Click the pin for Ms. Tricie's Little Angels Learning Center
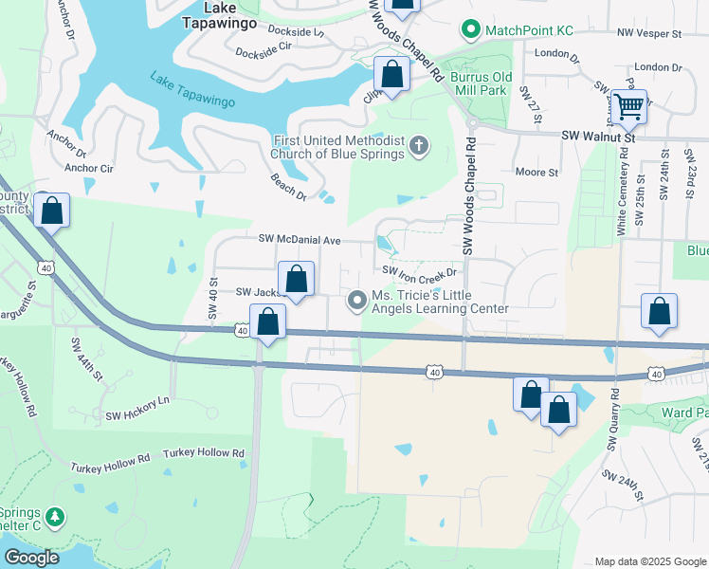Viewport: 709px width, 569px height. click(356, 301)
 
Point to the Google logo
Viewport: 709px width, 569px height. click(31, 558)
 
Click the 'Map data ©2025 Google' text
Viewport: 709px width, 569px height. click(649, 561)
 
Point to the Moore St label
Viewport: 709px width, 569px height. click(536, 172)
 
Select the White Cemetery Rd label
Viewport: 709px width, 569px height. click(623, 197)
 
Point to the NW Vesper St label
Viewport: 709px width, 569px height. click(648, 33)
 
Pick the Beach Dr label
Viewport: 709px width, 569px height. click(288, 186)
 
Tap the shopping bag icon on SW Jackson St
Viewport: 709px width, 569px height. click(297, 280)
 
